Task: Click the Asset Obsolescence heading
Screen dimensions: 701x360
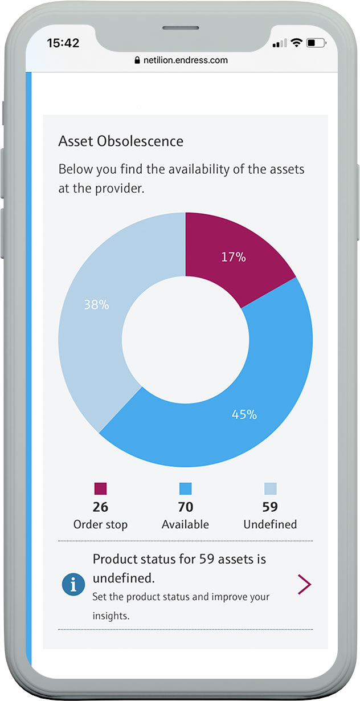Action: point(121,141)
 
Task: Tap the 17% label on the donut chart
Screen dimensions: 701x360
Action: point(234,257)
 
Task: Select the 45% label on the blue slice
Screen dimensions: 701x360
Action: point(244,414)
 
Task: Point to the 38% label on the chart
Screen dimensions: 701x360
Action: point(96,305)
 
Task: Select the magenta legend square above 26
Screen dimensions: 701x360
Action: point(100,488)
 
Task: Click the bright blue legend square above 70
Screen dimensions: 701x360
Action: point(185,488)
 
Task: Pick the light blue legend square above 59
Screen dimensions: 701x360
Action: point(270,488)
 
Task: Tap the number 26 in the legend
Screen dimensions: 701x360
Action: point(100,507)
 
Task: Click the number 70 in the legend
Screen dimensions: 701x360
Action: point(185,507)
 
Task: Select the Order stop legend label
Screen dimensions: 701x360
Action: point(100,524)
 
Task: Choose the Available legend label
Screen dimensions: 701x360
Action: point(185,524)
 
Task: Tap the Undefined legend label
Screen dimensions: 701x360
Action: point(270,524)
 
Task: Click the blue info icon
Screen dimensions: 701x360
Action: point(73,585)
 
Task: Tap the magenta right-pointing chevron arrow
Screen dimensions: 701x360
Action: point(305,585)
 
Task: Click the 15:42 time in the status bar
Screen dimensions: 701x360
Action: point(63,43)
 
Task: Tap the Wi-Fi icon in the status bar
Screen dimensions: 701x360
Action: point(296,43)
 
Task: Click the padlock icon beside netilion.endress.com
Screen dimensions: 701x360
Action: point(137,60)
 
